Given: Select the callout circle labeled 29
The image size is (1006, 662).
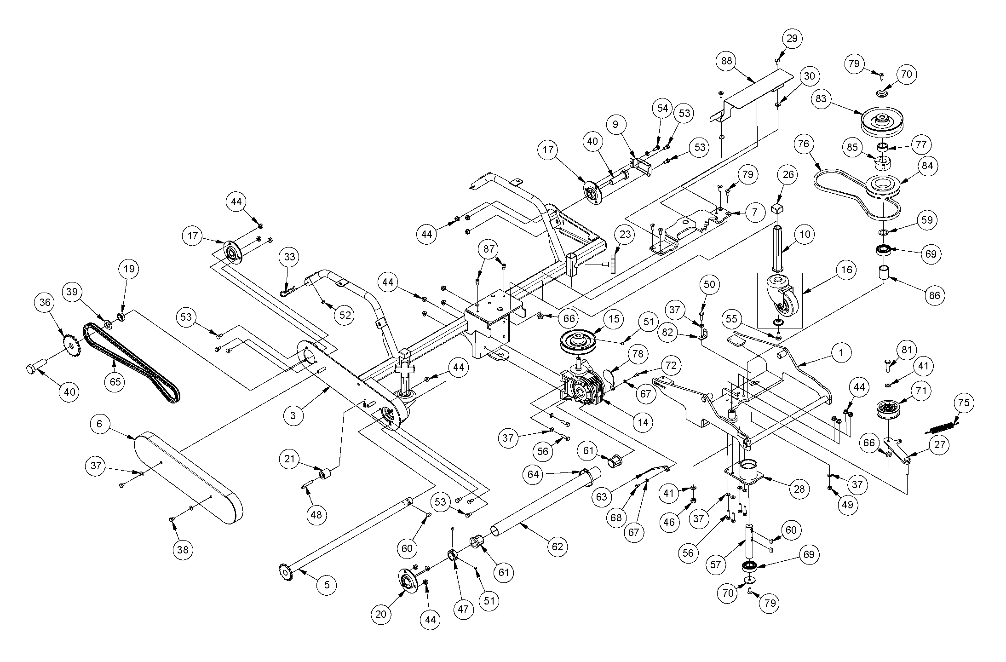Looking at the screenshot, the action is pyautogui.click(x=792, y=38).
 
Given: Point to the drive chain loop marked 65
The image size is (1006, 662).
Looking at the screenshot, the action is pyautogui.click(x=131, y=362).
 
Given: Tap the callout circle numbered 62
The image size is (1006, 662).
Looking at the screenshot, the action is pyautogui.click(x=557, y=547).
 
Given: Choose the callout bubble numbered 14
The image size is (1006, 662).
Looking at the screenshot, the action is pyautogui.click(x=643, y=422).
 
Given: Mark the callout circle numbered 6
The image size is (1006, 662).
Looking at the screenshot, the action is pyautogui.click(x=100, y=423).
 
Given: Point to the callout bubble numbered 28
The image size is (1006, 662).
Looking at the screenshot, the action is pyautogui.click(x=799, y=489).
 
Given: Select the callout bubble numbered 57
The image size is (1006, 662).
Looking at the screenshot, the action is pyautogui.click(x=715, y=564).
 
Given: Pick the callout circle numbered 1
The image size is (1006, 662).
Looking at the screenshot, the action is pyautogui.click(x=841, y=353).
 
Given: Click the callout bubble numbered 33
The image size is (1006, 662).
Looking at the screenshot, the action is pyautogui.click(x=289, y=257).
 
